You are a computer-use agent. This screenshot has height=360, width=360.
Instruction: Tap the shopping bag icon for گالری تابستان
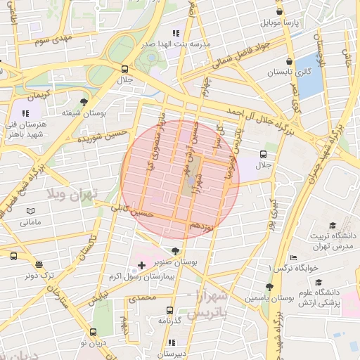pyautogui.click(x=290, y=60)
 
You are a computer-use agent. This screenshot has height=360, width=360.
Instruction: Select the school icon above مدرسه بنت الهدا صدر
pyautogui.click(x=175, y=32)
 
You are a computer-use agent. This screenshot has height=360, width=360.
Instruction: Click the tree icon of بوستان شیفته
pyautogui.click(x=84, y=101)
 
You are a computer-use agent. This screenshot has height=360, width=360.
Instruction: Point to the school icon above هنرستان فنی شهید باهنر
pyautogui.click(x=26, y=112)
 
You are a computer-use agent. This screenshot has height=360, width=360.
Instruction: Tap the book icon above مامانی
pyautogui.click(x=30, y=211)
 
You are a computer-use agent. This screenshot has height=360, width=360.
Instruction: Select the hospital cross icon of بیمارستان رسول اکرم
pyautogui.click(x=142, y=265)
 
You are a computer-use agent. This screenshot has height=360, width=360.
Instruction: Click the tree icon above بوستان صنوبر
pyautogui.click(x=174, y=250)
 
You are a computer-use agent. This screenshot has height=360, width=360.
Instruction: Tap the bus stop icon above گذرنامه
pyautogui.click(x=169, y=310)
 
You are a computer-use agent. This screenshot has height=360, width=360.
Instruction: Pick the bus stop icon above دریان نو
pyautogui.click(x=94, y=332)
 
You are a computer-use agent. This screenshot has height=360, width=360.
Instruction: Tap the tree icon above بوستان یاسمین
pyautogui.click(x=269, y=287)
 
